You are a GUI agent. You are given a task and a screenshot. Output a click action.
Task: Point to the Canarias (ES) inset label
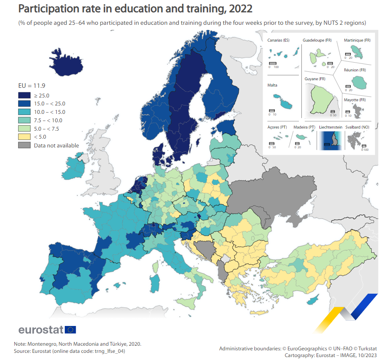click(x=278, y=40)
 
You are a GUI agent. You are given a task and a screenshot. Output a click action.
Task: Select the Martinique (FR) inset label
click(x=357, y=40)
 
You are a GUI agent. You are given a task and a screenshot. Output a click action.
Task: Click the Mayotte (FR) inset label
click(x=355, y=100)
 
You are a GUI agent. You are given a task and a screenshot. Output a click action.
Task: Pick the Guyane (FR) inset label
click(x=315, y=79)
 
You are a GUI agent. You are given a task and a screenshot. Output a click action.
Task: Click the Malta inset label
click(x=272, y=85)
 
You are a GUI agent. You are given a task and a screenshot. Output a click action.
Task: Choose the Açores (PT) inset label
click(x=277, y=127)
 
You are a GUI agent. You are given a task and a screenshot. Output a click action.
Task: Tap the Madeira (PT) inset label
click(x=304, y=127)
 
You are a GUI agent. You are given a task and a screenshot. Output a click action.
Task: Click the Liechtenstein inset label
click(x=330, y=127)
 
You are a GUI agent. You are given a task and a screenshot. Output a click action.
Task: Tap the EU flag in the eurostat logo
click(x=70, y=329)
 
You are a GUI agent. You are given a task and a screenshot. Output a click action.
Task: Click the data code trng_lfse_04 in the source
click(x=108, y=351)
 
